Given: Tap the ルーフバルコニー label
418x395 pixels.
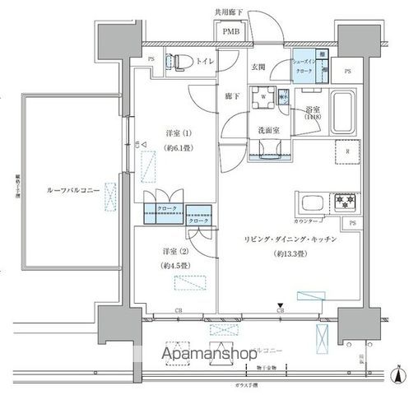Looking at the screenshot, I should coord(74,191).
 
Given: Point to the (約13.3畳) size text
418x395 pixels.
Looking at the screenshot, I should coord(288,254).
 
